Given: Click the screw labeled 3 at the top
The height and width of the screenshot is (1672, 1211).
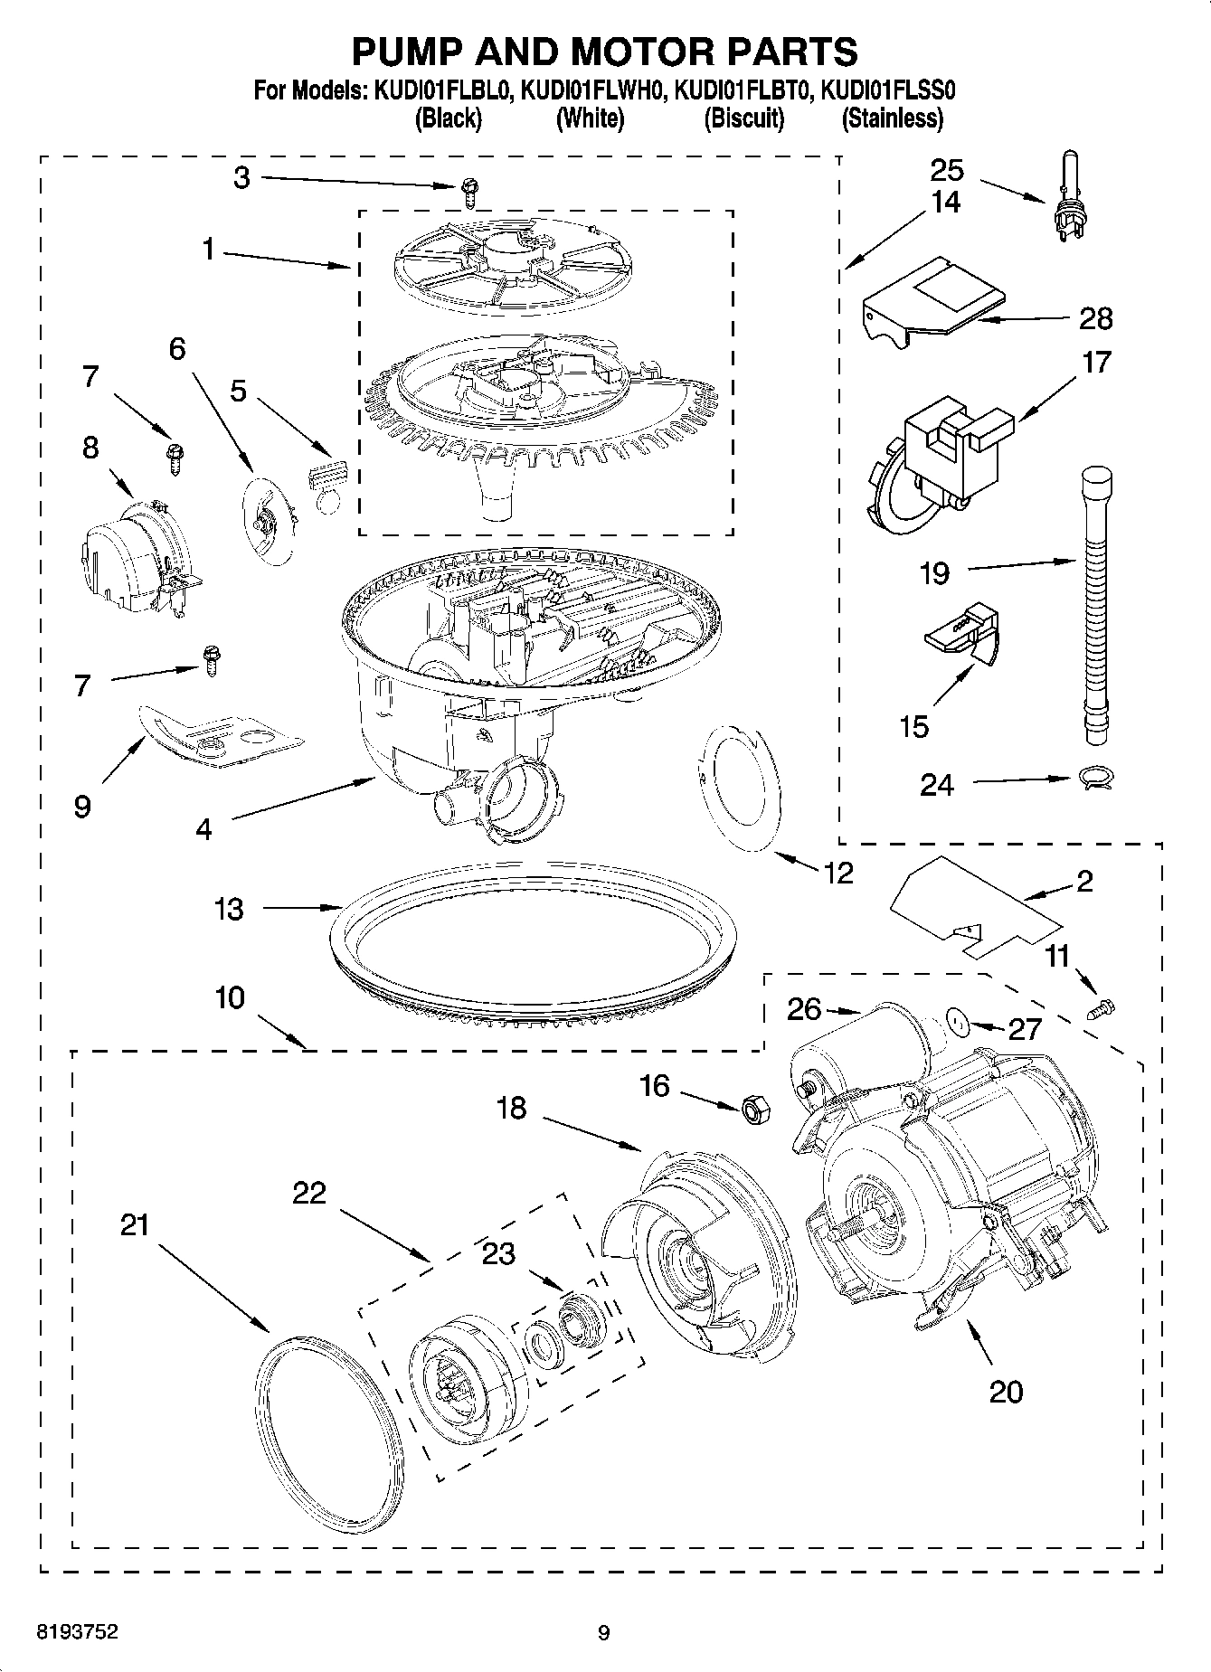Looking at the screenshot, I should tap(468, 190).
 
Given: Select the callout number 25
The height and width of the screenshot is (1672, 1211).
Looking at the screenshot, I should tap(947, 170).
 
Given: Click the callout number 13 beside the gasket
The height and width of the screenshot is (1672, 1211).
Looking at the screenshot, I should tap(230, 908).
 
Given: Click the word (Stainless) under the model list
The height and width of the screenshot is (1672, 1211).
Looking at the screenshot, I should tap(892, 118).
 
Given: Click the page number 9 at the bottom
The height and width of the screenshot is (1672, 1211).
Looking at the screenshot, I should tap(604, 1633).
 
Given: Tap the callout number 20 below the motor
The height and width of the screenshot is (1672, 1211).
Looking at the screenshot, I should tap(1006, 1391).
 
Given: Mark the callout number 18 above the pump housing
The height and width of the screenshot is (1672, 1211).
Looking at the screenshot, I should tap(512, 1107).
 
